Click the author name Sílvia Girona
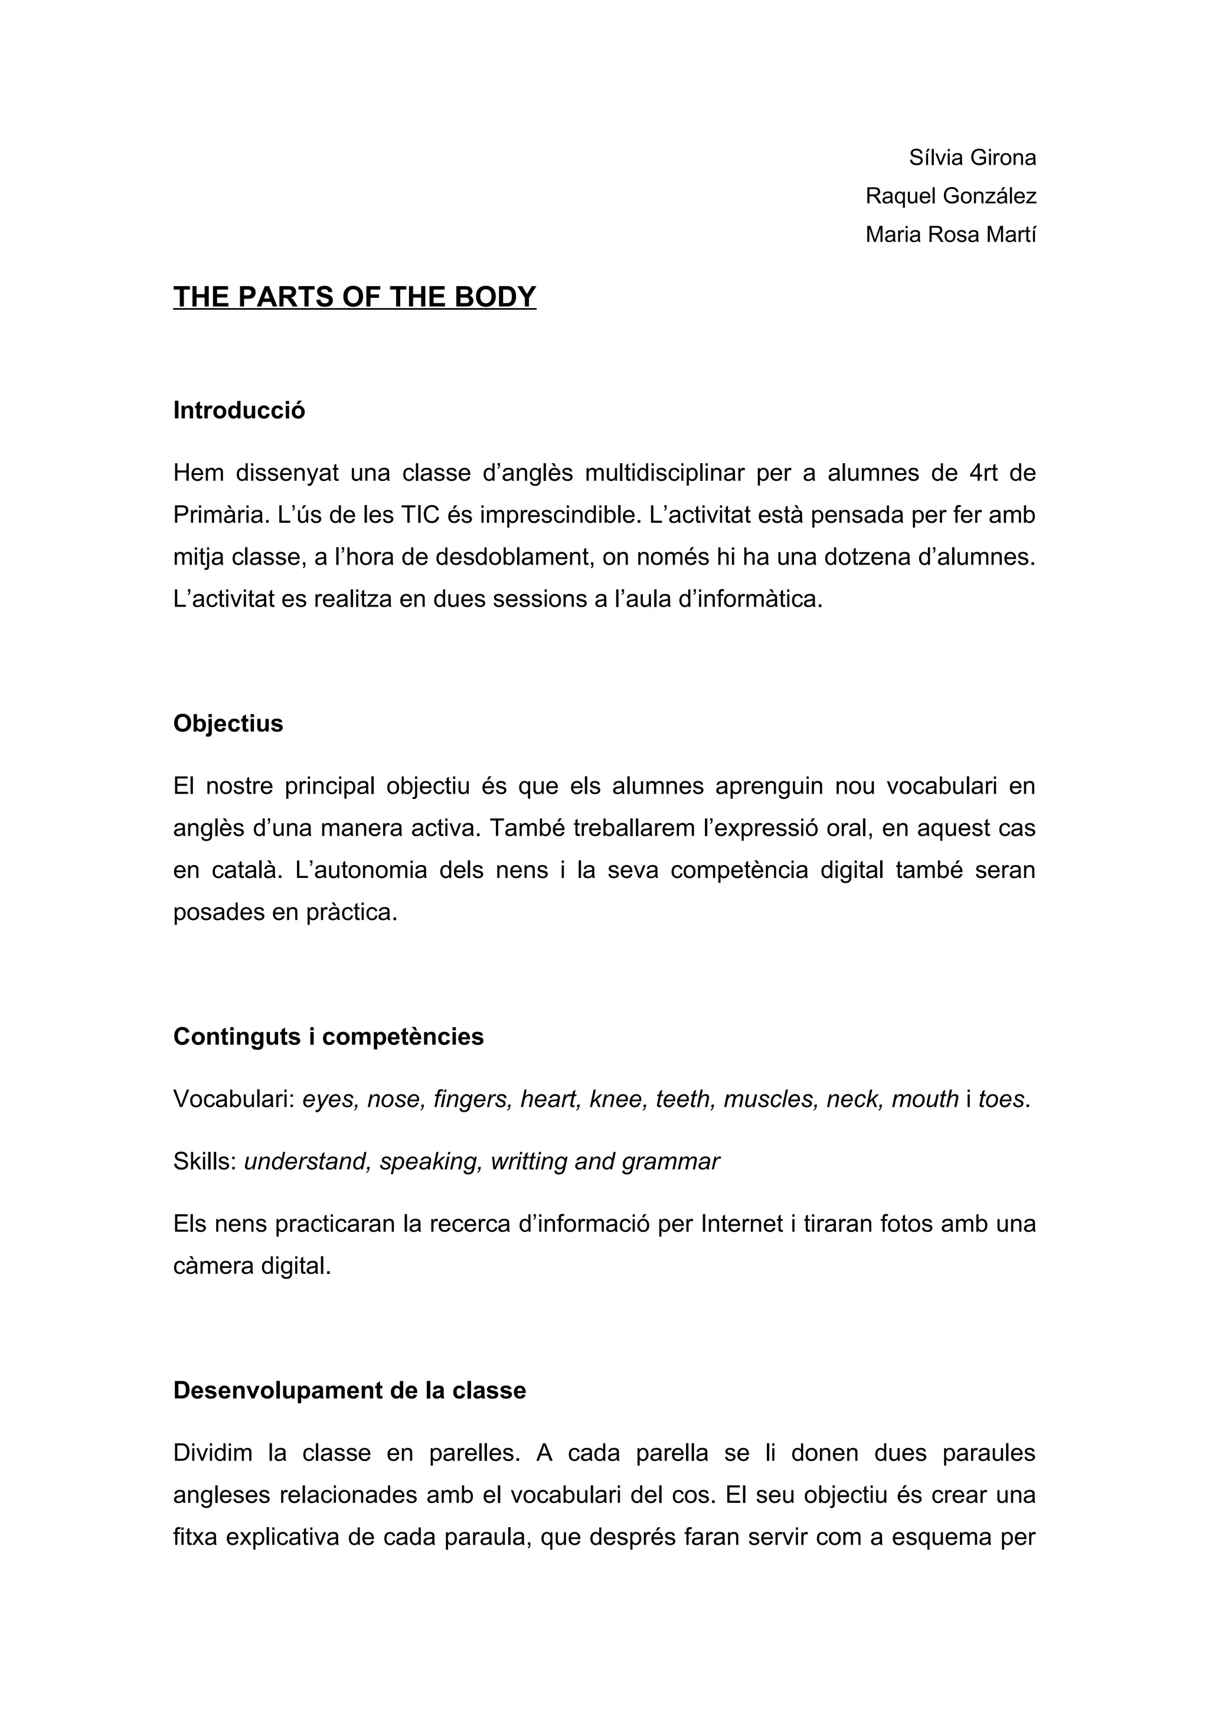[x=972, y=158]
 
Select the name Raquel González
[x=950, y=196]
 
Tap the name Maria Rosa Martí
[x=950, y=235]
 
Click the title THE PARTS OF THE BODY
[x=355, y=297]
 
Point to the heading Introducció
[x=239, y=410]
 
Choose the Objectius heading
[x=228, y=723]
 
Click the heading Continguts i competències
[x=328, y=1037]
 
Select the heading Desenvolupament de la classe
[x=349, y=1391]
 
